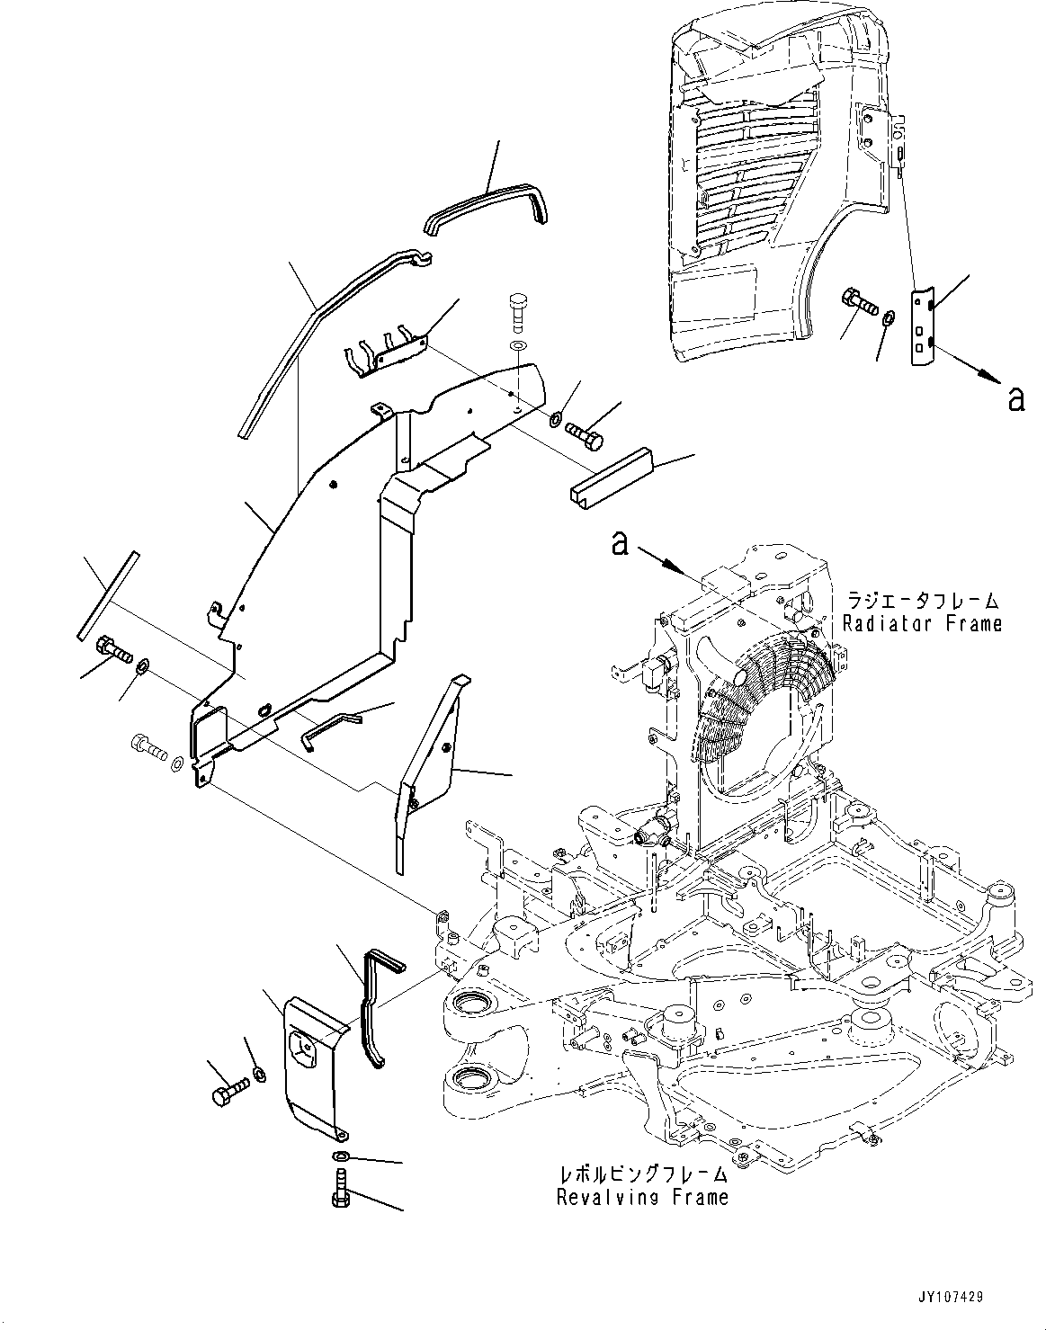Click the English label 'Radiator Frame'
pos(921,623)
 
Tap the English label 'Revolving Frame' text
pos(642,1197)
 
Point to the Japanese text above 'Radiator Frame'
pos(921,601)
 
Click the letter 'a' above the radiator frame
pos(620,543)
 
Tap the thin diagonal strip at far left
pos(108,594)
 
